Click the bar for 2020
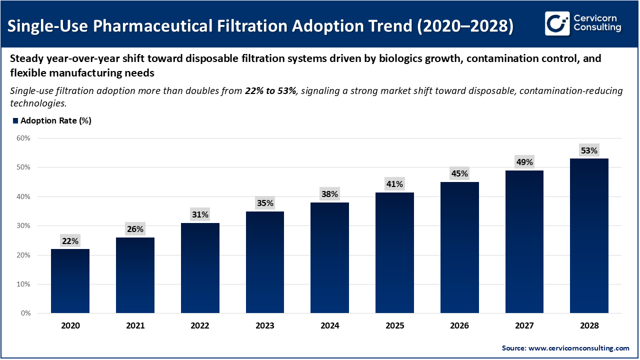[x=70, y=281]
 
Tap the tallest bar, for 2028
[x=589, y=236]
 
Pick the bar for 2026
[x=459, y=247]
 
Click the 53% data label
[x=589, y=150]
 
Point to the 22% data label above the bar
[x=70, y=241]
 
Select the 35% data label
[x=265, y=203]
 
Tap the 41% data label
[x=394, y=184]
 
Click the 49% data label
[x=524, y=162]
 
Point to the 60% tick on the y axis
[x=23, y=138]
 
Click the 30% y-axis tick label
[x=23, y=226]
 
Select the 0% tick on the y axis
[x=25, y=313]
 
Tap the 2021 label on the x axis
[x=135, y=325]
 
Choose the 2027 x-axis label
[x=524, y=325]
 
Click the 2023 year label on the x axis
[x=265, y=325]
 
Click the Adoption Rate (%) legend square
[x=15, y=121]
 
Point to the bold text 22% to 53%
[x=270, y=91]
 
